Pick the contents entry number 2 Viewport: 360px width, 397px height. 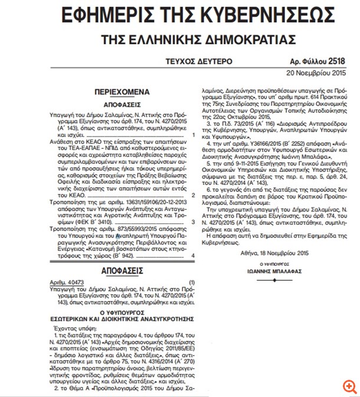[193, 194]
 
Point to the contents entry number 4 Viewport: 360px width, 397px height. [193, 255]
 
